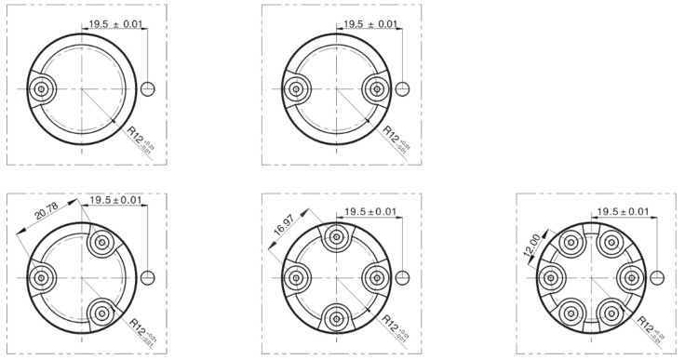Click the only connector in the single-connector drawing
pyautogui.click(x=41, y=89)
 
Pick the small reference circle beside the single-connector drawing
pyautogui.click(x=149, y=89)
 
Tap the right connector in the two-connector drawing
pyautogui.click(x=376, y=89)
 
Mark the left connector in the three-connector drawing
pyautogui.click(x=41, y=278)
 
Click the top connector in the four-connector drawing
pyautogui.click(x=336, y=238)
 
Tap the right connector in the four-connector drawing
pyautogui.click(x=376, y=278)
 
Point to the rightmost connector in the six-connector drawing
pyautogui.click(x=630, y=278)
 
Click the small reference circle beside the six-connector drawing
pyautogui.click(x=658, y=278)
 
